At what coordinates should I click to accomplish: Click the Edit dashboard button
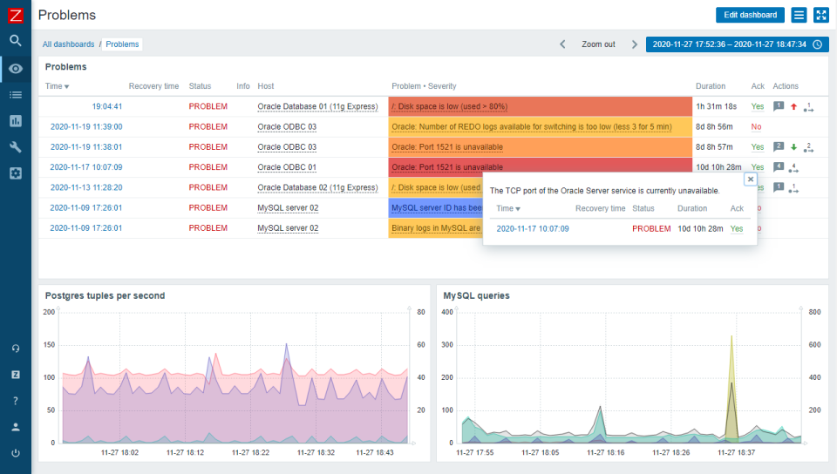click(x=750, y=15)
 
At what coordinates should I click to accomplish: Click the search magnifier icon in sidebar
click(x=16, y=40)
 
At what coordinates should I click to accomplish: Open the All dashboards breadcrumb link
click(x=70, y=44)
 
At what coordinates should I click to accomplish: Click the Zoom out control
click(x=598, y=44)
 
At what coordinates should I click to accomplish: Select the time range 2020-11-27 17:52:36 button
click(x=737, y=44)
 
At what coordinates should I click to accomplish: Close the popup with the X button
click(x=750, y=179)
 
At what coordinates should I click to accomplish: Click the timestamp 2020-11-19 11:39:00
click(x=85, y=126)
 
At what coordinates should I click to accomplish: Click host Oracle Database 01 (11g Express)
click(x=316, y=106)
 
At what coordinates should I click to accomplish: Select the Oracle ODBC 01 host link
click(x=287, y=167)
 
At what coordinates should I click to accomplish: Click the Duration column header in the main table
click(x=710, y=86)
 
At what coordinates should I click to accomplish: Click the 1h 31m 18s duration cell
click(x=716, y=106)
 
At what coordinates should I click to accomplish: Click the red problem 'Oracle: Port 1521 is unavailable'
click(x=447, y=167)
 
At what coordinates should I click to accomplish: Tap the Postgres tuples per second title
click(x=105, y=295)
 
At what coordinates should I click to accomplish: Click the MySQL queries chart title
click(x=476, y=295)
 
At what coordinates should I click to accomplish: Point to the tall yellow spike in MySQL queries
click(x=731, y=349)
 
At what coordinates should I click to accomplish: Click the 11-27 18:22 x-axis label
click(x=250, y=452)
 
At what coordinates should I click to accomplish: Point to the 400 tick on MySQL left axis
click(x=448, y=312)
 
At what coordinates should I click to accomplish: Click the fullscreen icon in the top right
click(x=820, y=15)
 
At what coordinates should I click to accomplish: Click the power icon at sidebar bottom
click(x=16, y=453)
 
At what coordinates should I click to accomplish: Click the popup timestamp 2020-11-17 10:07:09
click(x=532, y=228)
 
